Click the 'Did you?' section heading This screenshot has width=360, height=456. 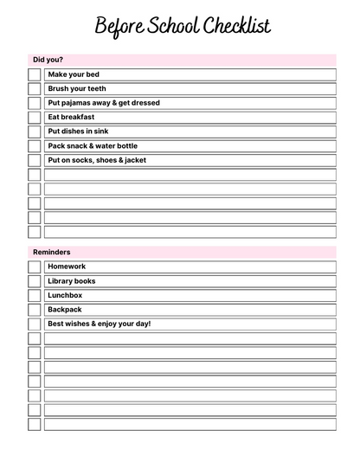48,60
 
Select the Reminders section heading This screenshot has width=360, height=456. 52,252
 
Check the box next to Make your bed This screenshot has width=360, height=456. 34,74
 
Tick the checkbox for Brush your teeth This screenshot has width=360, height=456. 34,88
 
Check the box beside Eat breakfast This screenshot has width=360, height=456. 34,117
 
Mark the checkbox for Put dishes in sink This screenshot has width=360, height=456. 34,132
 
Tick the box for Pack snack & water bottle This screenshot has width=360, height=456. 34,145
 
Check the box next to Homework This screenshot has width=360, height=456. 34,267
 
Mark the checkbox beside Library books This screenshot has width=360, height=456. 34,280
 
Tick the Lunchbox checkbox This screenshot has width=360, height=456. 34,295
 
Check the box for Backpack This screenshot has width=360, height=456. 34,309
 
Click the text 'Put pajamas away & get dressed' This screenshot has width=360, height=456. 104,103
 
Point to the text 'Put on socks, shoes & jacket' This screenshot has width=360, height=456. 97,160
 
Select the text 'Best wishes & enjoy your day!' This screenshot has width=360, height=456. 99,324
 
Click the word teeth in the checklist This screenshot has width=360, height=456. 97,88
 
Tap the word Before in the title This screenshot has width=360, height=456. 118,26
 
